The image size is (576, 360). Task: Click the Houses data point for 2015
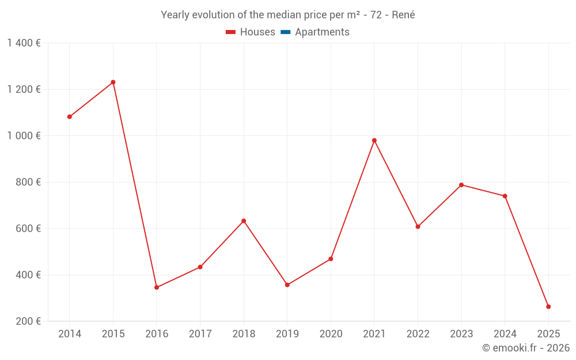click(x=113, y=82)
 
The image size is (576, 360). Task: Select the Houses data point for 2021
click(x=374, y=141)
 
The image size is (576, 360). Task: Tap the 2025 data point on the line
click(x=548, y=307)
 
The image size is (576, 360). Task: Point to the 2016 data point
click(x=157, y=287)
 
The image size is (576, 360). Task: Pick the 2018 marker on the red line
click(x=244, y=221)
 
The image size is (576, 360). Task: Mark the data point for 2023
click(x=461, y=185)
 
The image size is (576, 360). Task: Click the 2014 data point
click(x=70, y=117)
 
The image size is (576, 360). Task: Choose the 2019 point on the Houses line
click(x=287, y=285)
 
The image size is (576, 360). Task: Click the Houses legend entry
click(x=251, y=32)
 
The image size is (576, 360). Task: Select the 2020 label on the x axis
click(x=331, y=334)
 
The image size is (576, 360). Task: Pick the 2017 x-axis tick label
click(x=200, y=334)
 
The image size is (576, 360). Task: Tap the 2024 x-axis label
click(x=505, y=334)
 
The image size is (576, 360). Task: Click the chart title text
click(x=288, y=15)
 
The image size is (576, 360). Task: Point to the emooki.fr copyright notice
click(x=525, y=348)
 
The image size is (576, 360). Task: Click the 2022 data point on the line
click(x=418, y=227)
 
